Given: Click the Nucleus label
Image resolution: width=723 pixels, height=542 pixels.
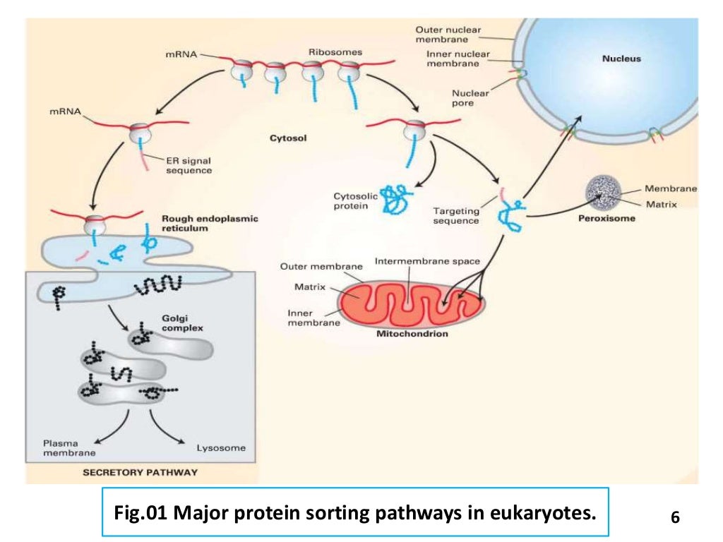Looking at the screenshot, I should coord(621,59).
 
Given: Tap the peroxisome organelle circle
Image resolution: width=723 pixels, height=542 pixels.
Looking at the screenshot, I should coord(604,192).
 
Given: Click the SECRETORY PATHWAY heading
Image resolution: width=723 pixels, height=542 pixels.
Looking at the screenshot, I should coord(140,472).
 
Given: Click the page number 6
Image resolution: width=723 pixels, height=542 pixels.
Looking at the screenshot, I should coord(675,517).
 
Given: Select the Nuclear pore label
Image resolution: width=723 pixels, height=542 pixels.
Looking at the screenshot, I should coord(470,98).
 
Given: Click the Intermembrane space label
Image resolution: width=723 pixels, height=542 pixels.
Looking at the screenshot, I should coord(427,261).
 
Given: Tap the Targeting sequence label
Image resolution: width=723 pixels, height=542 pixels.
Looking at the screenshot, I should coord(455,215).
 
